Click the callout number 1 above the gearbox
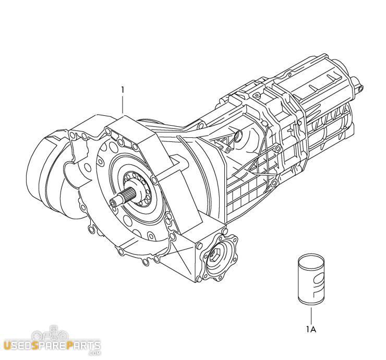point(123,90)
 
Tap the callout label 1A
point(311,329)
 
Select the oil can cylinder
point(311,279)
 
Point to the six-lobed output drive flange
point(220,258)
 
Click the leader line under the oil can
point(311,315)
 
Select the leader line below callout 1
point(123,105)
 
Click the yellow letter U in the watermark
point(7,345)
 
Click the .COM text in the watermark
point(94,353)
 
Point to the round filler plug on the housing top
point(238,136)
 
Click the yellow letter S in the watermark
point(35,345)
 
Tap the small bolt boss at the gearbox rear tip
point(360,88)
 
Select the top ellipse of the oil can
point(311,258)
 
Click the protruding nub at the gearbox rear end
point(355,83)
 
